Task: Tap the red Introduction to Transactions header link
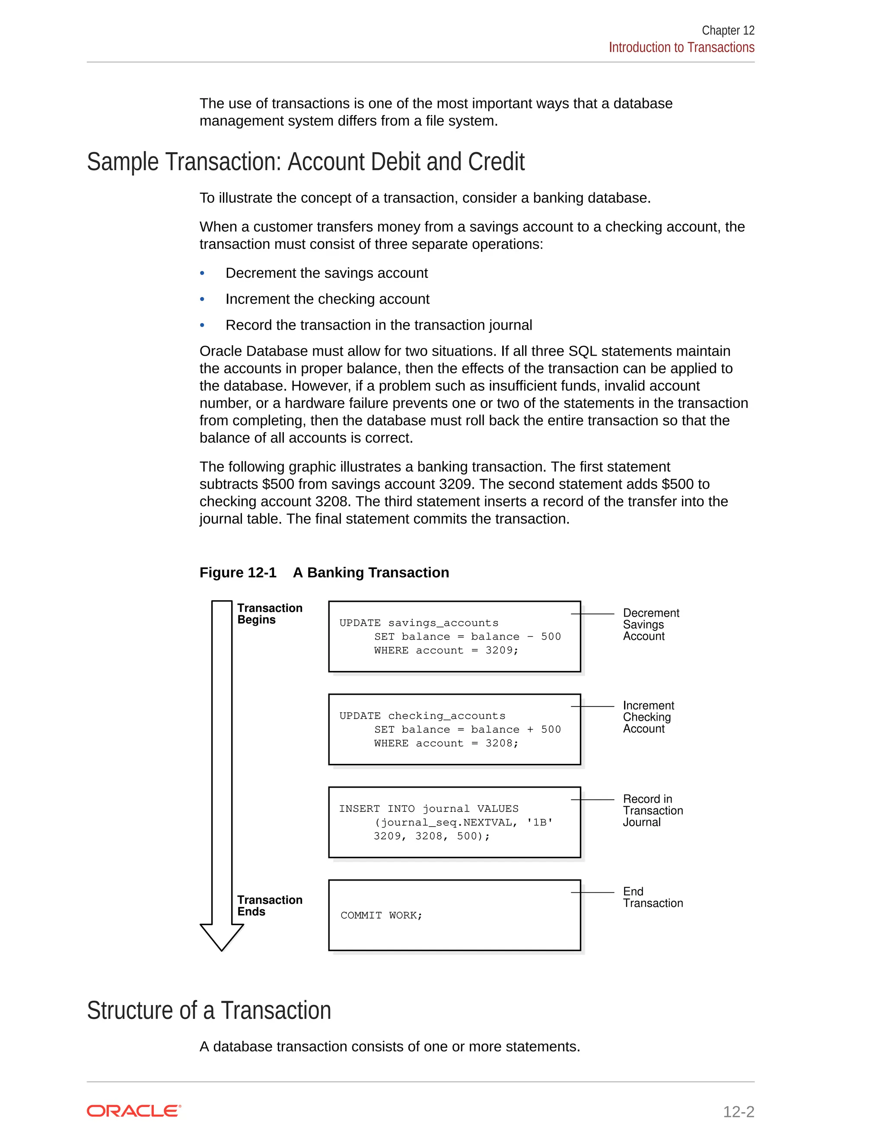coord(681,47)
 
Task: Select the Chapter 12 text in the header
coord(728,30)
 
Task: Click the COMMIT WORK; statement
coord(381,916)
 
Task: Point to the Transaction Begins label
coord(270,614)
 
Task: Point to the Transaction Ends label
coord(270,905)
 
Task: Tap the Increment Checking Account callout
coord(648,717)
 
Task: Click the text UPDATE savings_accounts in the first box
coord(418,623)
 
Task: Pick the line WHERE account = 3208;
coord(446,744)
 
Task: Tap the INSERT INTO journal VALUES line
coord(428,809)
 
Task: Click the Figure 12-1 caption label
coord(238,572)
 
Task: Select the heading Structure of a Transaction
coord(209,1010)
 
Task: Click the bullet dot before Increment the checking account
coord(202,299)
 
